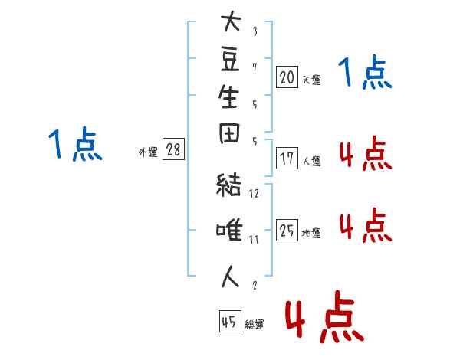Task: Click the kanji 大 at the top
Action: pos(231,21)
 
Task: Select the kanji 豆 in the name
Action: pos(230,60)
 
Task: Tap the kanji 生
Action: pos(228,97)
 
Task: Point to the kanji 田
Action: pos(229,133)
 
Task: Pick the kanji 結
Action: pos(228,185)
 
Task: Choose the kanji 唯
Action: pos(229,230)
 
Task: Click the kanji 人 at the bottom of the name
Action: pos(230,277)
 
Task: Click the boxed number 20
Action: pos(287,77)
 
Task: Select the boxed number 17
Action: pos(287,159)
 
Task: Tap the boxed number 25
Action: pos(287,230)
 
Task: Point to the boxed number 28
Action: pos(173,149)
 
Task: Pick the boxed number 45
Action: pos(230,321)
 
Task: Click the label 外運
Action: pos(148,152)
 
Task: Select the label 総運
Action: pos(255,325)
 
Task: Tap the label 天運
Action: pos(312,80)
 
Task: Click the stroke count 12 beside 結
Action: pos(254,194)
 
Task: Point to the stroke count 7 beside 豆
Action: pos(255,67)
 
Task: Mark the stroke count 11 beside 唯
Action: pos(254,240)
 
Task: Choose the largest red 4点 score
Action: pos(325,316)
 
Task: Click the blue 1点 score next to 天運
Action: pos(365,72)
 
